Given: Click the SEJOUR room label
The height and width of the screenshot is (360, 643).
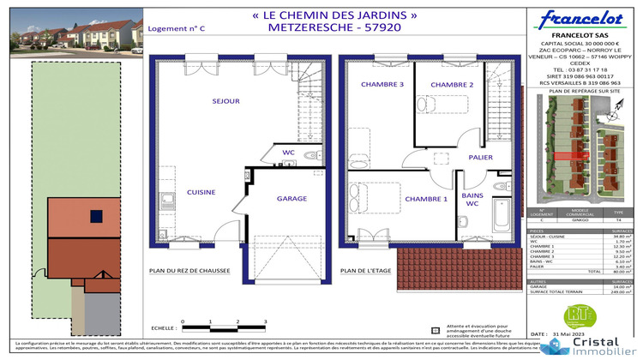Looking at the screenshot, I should tap(226, 101).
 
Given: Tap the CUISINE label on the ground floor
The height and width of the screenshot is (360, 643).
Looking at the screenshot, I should tap(201, 192).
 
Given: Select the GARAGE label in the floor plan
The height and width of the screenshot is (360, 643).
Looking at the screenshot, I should tap(291, 198).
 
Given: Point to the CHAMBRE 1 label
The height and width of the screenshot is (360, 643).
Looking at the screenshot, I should tap(427, 199).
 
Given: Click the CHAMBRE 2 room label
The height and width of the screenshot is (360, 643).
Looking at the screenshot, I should tap(452, 85).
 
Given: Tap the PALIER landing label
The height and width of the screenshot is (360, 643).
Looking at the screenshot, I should tap(479, 157).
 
